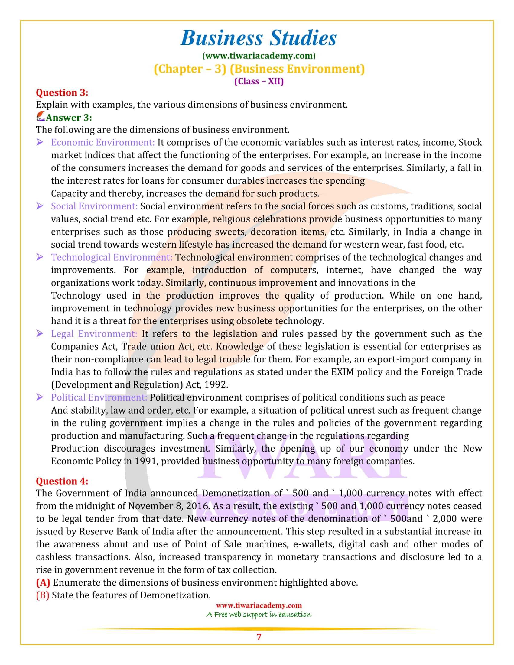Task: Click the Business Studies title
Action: pos(259,39)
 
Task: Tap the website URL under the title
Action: pos(259,56)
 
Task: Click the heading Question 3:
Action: pos(62,92)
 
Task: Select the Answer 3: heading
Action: pos(69,118)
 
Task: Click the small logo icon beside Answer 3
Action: pos(41,117)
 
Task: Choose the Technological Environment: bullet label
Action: pos(112,257)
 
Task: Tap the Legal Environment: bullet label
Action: pos(94,334)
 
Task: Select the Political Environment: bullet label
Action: pos(99,397)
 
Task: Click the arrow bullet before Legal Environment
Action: pos(40,334)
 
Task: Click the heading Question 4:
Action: pos(62,481)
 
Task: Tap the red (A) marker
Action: pos(43,582)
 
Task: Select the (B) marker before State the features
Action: pos(43,595)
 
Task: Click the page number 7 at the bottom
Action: pos(259,637)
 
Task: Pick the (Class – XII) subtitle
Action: pos(259,81)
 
